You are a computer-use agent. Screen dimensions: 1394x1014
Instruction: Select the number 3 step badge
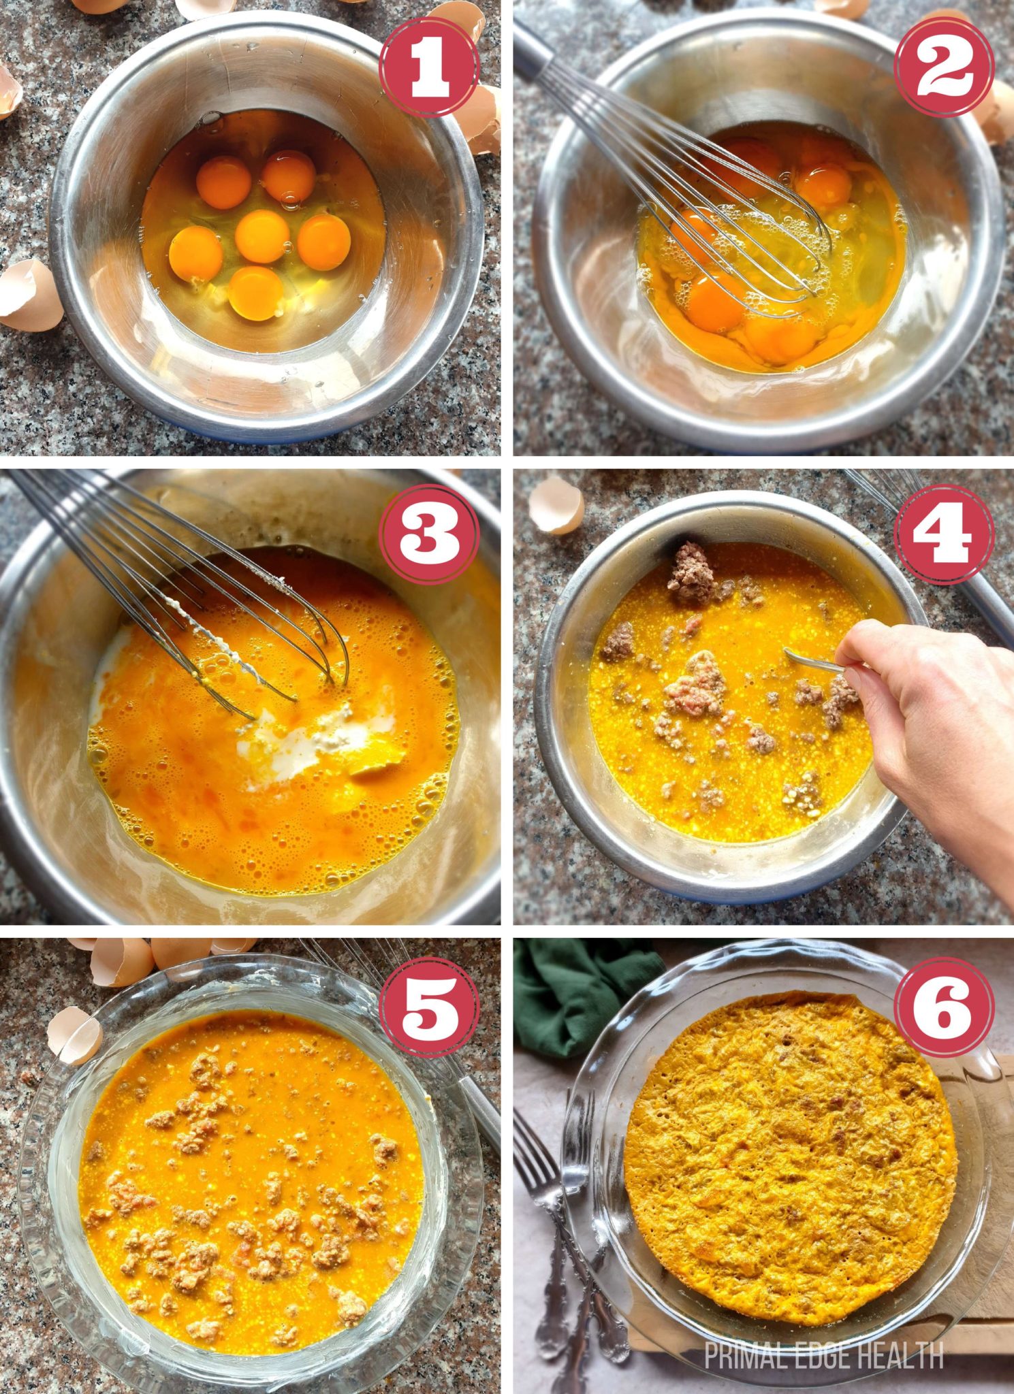pos(429,535)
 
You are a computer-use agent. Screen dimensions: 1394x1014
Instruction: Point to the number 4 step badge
pos(944,535)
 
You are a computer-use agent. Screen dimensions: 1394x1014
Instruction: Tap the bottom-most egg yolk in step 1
pos(255,291)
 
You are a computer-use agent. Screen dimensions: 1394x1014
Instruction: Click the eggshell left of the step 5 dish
pos(74,1035)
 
